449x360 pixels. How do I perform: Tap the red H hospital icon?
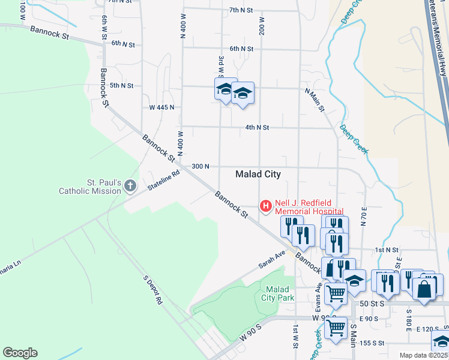point(265,206)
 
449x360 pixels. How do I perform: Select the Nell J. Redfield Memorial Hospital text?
point(309,207)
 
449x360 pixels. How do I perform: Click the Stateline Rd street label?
point(164,181)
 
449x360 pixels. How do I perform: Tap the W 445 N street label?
point(161,107)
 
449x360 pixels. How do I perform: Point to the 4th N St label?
point(257,127)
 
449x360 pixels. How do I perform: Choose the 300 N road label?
point(200,166)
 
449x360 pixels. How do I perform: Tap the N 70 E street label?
point(364,215)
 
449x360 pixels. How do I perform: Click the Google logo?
point(20,353)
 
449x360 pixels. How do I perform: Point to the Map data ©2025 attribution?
point(423,355)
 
